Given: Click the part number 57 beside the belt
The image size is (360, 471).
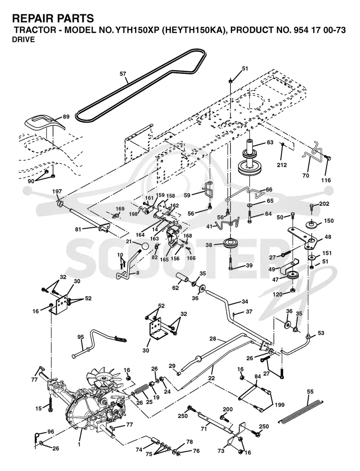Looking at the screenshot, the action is [x=123, y=74].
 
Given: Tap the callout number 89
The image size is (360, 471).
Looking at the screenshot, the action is [x=66, y=117].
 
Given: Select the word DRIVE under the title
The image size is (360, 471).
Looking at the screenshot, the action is [x=23, y=40].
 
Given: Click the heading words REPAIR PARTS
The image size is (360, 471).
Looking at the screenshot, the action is [x=53, y=18].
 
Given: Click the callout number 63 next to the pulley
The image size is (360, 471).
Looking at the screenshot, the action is [x=270, y=142].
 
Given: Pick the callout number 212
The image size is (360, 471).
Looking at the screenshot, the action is [x=282, y=165].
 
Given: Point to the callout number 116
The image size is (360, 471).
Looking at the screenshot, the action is [x=326, y=180].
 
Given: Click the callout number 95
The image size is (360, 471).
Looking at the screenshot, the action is [x=81, y=337].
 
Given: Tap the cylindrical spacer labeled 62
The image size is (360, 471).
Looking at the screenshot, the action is [x=182, y=277].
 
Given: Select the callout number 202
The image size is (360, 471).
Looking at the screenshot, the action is [x=324, y=204].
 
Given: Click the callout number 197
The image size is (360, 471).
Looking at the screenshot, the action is [x=57, y=191].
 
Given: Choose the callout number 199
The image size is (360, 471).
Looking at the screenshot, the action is [x=279, y=405].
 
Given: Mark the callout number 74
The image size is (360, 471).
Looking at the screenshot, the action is [x=139, y=450].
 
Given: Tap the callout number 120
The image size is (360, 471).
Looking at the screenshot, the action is [x=278, y=294].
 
